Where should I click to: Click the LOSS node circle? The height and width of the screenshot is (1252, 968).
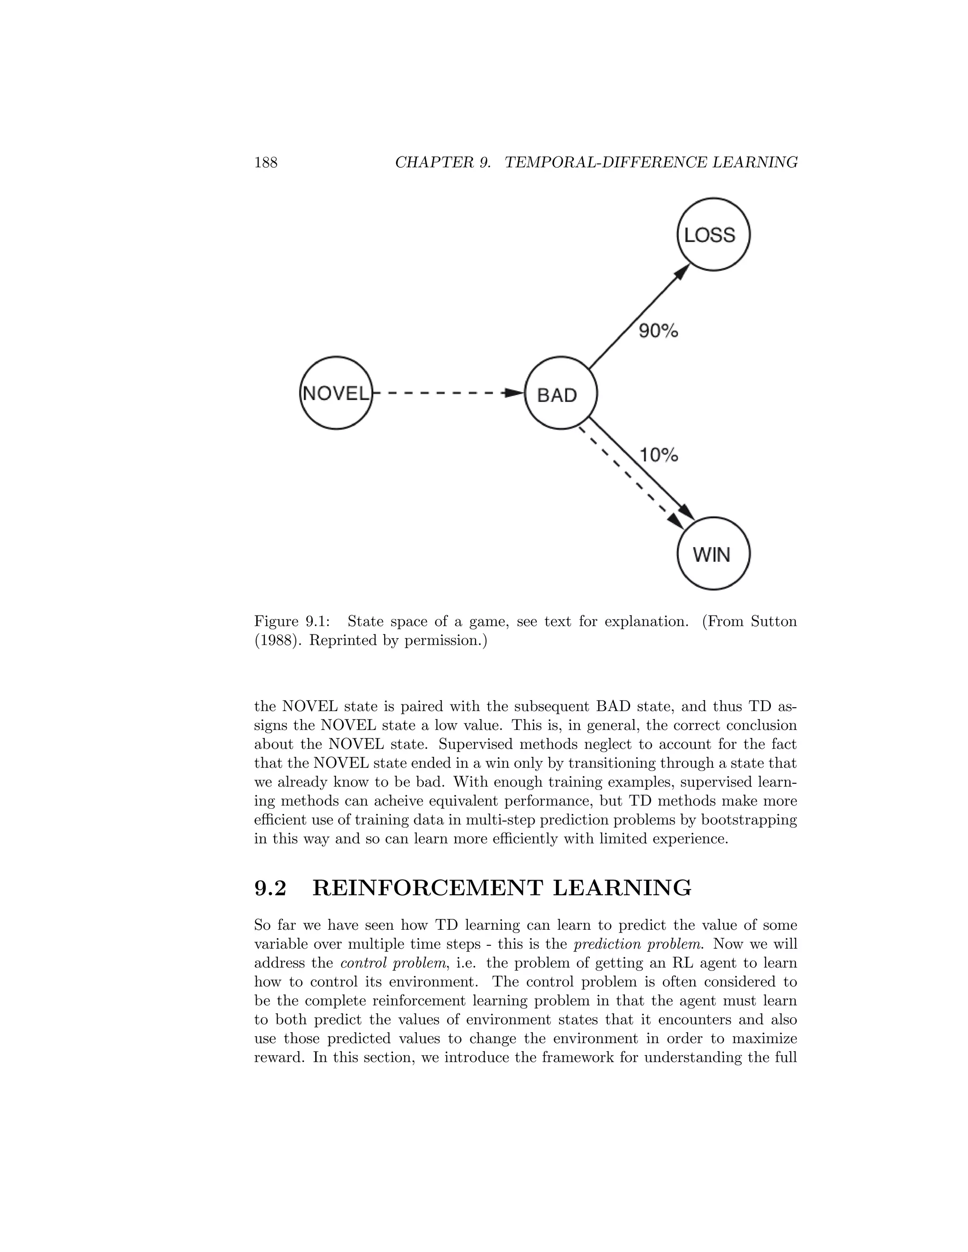point(713,234)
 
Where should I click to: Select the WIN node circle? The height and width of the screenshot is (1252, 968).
point(713,554)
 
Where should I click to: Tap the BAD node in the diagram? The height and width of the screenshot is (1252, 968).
point(561,394)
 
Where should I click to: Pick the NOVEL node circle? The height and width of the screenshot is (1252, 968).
point(336,393)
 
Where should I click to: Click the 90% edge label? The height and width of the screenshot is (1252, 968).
point(658,331)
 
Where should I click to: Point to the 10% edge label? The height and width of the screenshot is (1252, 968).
point(658,455)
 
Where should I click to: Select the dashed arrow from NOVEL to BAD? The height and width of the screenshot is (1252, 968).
point(447,393)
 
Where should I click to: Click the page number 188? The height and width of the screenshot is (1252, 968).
point(266,163)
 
